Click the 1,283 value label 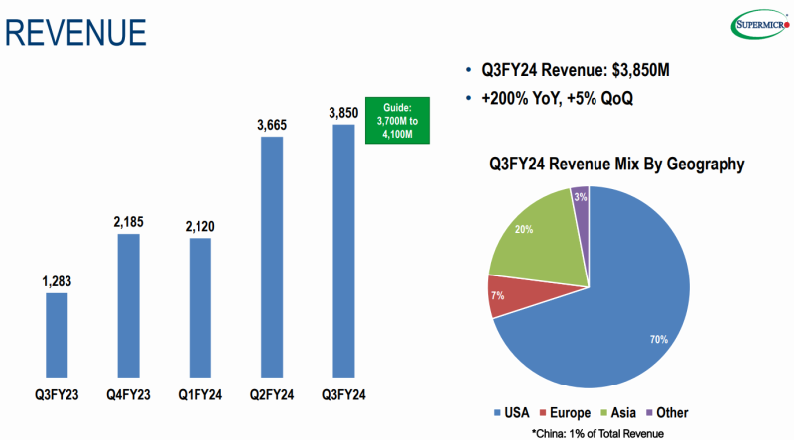click(x=58, y=281)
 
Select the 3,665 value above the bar click(x=271, y=125)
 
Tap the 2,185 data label click(x=129, y=222)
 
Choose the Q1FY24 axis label click(x=199, y=395)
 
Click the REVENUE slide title click(x=75, y=31)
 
